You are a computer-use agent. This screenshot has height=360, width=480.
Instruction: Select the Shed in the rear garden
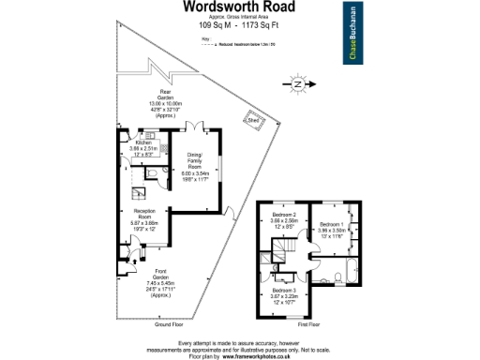pos(253,119)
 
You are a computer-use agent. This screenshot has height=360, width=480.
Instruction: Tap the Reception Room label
pos(144,212)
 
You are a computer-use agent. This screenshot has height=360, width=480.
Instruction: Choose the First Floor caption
pos(309,323)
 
